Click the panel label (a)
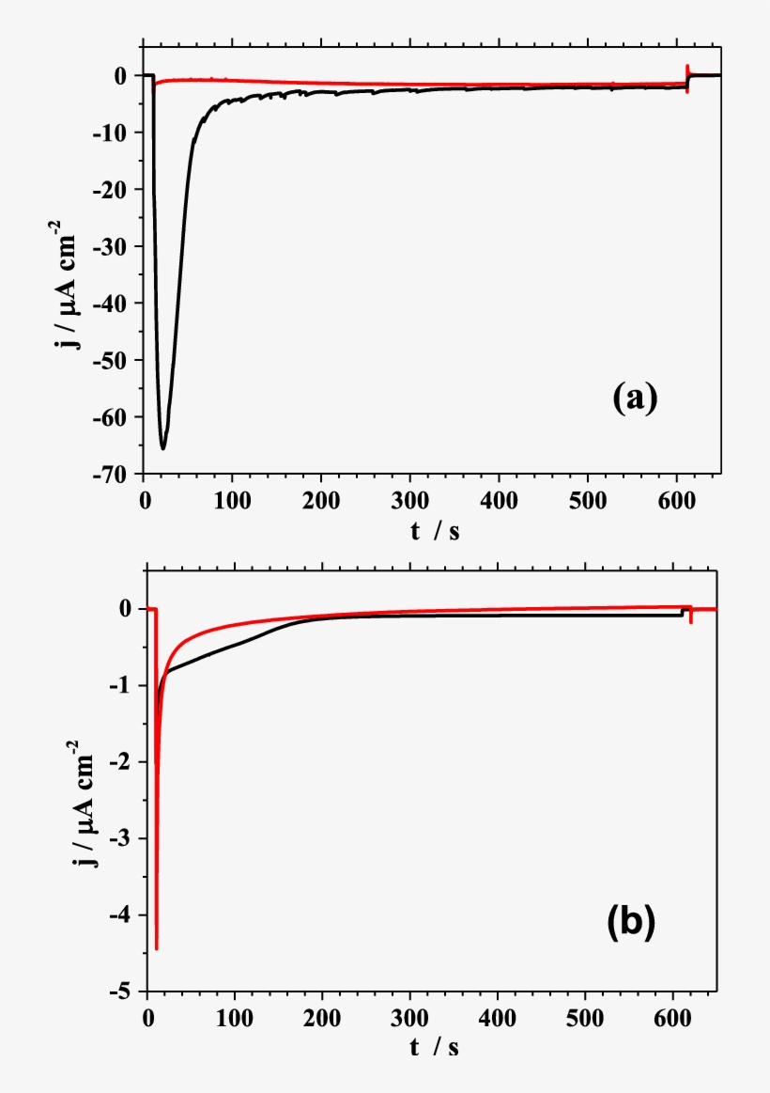[x=635, y=398]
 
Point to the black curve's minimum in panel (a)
[x=162, y=448]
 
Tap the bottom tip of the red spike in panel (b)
[x=157, y=948]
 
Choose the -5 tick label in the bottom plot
[x=126, y=992]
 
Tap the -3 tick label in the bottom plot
[x=126, y=838]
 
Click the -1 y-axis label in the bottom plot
[x=126, y=686]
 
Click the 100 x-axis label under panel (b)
[x=235, y=1015]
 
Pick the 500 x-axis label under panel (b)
[x=585, y=1015]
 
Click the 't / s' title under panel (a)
[x=434, y=530]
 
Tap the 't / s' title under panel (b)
[x=434, y=1047]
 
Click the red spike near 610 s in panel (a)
[x=688, y=79]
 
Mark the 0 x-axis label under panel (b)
[x=147, y=1015]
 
